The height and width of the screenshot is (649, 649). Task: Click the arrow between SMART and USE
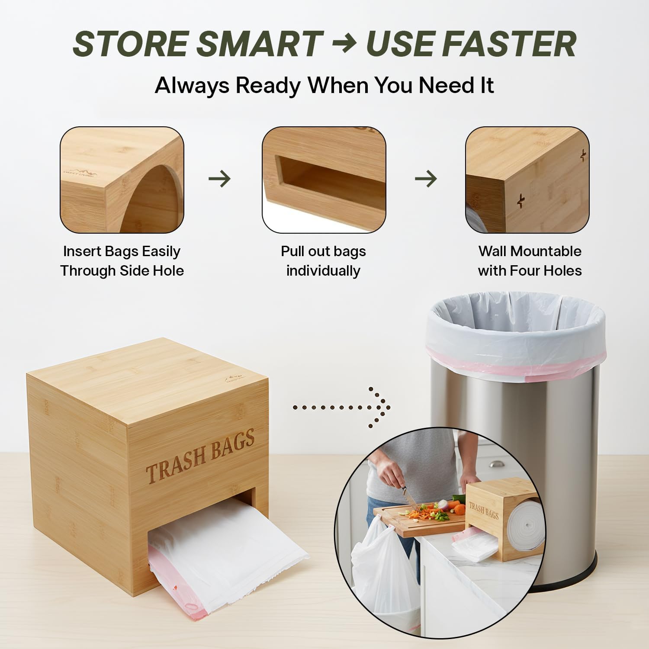click(x=344, y=44)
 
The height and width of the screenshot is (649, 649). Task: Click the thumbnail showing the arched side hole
click(x=122, y=180)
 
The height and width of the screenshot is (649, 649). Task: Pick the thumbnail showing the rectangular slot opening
click(x=324, y=180)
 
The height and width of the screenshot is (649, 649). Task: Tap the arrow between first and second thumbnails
click(x=220, y=179)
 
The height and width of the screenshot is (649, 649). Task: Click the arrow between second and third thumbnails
click(x=426, y=179)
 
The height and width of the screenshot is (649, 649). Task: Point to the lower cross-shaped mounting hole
click(x=521, y=200)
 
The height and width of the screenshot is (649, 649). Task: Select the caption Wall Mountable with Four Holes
click(x=530, y=261)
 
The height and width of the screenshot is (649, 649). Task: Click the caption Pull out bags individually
click(x=323, y=261)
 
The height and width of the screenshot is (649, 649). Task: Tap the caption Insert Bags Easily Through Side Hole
click(x=122, y=261)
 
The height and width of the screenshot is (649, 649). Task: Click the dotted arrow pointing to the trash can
click(x=342, y=407)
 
